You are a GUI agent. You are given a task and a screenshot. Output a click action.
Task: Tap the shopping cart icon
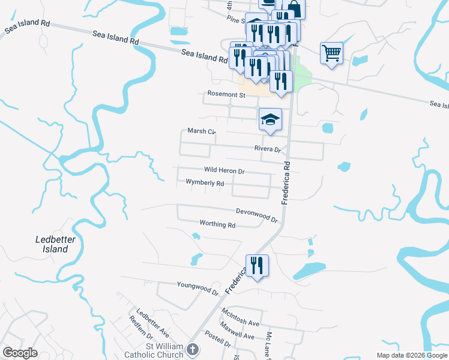point(331,53)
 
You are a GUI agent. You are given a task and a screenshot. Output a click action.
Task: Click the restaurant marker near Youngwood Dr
point(257,265)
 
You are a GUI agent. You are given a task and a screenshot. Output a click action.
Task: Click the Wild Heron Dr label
point(224,171)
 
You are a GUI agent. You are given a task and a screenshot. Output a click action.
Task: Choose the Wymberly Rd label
point(205,182)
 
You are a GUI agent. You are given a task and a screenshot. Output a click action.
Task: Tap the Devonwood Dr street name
point(256,215)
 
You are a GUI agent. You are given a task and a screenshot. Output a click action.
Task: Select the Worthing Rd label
point(217,224)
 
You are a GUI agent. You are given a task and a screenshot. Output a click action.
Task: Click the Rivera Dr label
point(268,149)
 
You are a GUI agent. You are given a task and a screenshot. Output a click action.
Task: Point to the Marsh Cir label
point(201,131)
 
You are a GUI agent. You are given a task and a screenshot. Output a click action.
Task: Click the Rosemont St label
point(226,95)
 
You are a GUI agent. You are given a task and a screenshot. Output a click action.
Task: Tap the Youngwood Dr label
point(197,287)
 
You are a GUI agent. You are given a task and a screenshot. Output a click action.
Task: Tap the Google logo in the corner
point(20,353)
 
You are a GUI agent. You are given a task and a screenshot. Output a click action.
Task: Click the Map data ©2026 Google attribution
point(412,355)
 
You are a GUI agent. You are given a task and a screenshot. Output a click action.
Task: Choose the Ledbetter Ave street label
point(152,322)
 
